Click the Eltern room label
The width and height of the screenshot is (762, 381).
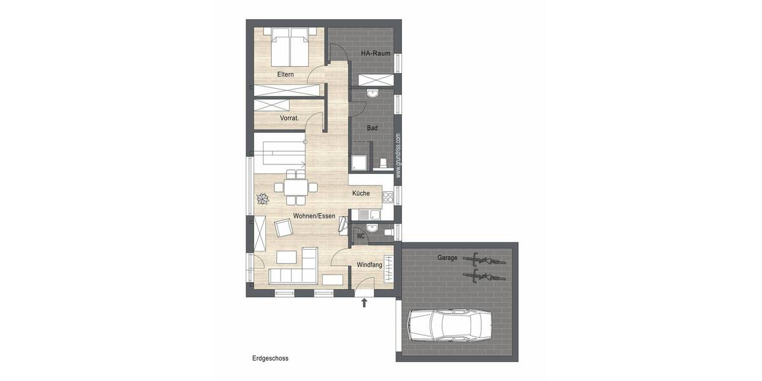pyautogui.click(x=285, y=75)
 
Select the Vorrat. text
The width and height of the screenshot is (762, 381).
pyautogui.click(x=290, y=118)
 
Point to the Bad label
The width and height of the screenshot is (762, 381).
pyautogui.click(x=372, y=128)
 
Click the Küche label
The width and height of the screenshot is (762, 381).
pyautogui.click(x=361, y=193)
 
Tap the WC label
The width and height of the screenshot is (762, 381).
pyautogui.click(x=360, y=236)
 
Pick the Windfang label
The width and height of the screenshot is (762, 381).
pyautogui.click(x=369, y=264)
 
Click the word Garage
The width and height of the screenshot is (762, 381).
pyautogui.click(x=447, y=258)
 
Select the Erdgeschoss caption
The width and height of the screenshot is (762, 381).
pyautogui.click(x=270, y=358)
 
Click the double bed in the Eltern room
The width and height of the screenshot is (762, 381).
pyautogui.click(x=290, y=47)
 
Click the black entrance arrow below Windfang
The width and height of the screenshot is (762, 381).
pyautogui.click(x=364, y=304)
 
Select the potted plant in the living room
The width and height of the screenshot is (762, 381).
pyautogui.click(x=262, y=199)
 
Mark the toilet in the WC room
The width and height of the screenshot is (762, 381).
pyautogui.click(x=387, y=232)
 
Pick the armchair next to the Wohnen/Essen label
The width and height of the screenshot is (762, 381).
pyautogui.click(x=283, y=228)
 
